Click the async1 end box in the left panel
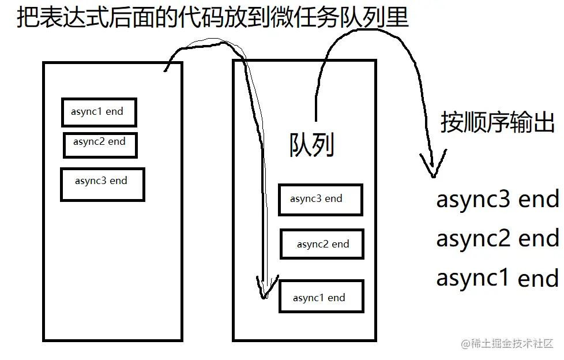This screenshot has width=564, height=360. coord(99,112)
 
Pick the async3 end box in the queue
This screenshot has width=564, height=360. coord(320,200)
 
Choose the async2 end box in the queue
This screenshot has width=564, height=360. coord(322,244)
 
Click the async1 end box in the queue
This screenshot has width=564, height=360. coord(321,297)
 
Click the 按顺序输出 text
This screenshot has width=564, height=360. coord(497,122)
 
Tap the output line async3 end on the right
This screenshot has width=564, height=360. coord(497,200)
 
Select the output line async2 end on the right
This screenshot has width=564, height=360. coord(497,238)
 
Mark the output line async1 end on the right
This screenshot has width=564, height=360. coord(497,278)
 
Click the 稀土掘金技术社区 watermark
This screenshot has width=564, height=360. coord(507,344)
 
